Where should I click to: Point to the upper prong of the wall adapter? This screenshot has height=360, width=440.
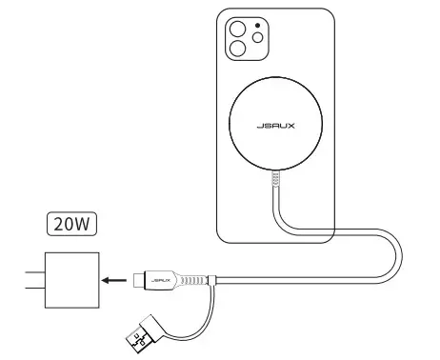[x=30, y=270]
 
